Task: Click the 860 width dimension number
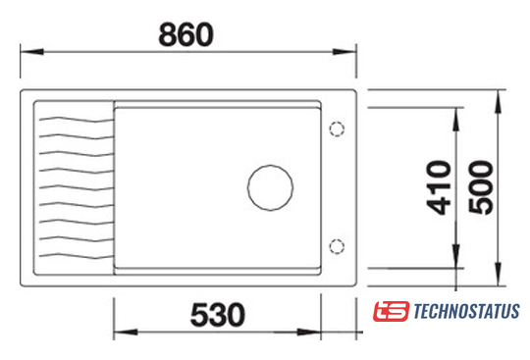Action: point(185,34)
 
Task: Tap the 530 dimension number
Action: point(218,315)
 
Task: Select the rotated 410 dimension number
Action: point(439,187)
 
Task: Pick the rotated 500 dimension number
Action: point(481,187)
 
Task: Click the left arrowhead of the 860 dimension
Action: point(31,52)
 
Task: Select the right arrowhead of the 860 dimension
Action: point(344,52)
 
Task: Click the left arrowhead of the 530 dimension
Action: point(126,332)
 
